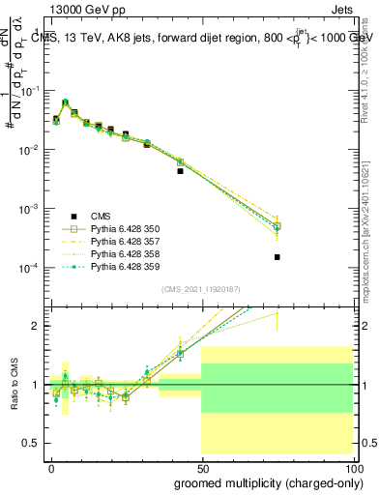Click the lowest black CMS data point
tap(278, 257)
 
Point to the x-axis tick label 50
tap(201, 467)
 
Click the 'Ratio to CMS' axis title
tap(15, 385)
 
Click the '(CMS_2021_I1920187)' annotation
tap(200, 289)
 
